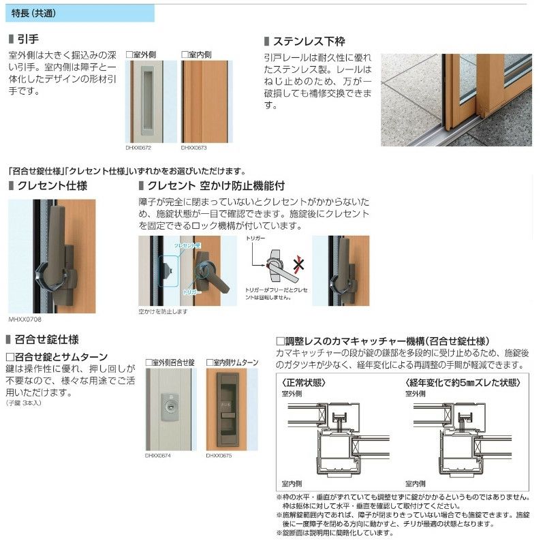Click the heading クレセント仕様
coord(52,185)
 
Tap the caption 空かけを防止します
coord(163,311)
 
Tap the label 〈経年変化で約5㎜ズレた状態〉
coord(458,382)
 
